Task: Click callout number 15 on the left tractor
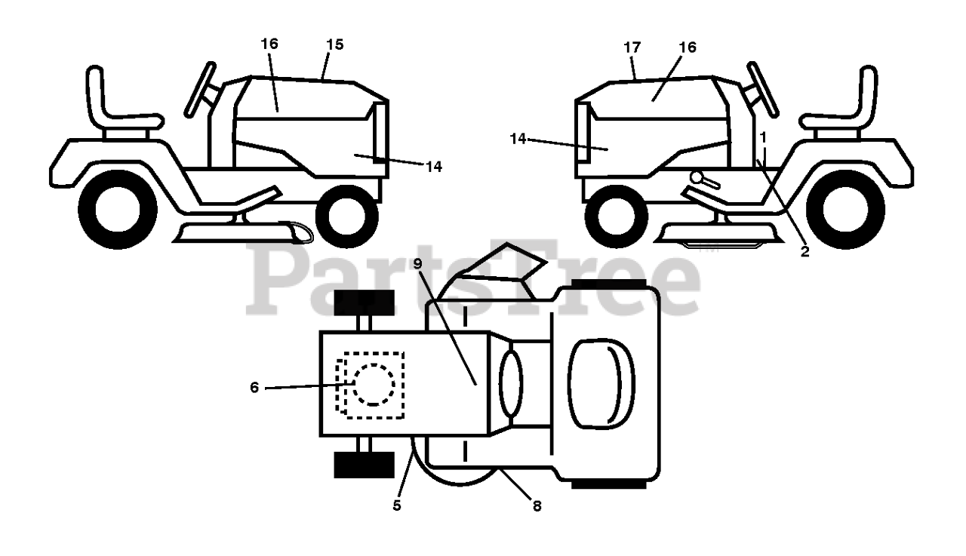(x=335, y=45)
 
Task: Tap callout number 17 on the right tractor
(x=632, y=48)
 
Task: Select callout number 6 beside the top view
(x=254, y=387)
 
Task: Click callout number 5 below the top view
(x=397, y=505)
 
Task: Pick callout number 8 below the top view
(x=537, y=506)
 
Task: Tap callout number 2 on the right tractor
(x=804, y=252)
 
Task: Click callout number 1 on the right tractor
(x=764, y=137)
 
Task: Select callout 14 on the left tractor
(x=433, y=167)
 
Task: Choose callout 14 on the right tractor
(x=518, y=139)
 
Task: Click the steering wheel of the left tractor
(x=200, y=89)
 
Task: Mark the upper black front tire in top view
(x=365, y=303)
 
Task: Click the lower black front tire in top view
(x=365, y=464)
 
